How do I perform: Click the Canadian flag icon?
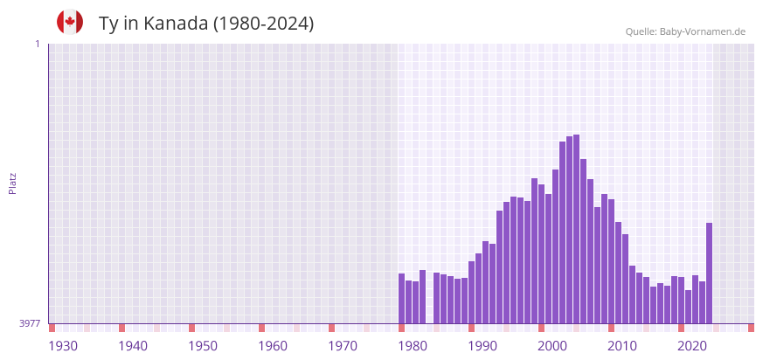(x=70, y=22)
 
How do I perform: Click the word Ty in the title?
(x=108, y=24)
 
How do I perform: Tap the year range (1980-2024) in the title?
(x=264, y=24)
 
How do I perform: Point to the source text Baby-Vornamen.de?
(x=703, y=32)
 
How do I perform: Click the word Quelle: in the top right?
(x=641, y=32)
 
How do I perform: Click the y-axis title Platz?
(x=12, y=183)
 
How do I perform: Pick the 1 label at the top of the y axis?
(x=38, y=45)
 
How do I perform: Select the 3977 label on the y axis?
(x=30, y=323)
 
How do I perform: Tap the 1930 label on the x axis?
(x=63, y=346)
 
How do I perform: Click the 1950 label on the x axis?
(x=203, y=346)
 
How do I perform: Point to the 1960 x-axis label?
(x=273, y=346)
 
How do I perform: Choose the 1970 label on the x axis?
(x=343, y=346)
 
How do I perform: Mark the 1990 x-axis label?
(x=482, y=346)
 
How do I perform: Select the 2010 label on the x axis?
(x=622, y=346)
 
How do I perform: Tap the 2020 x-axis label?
(x=692, y=346)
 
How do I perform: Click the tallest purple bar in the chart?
(x=576, y=229)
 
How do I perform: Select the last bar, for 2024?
(x=709, y=273)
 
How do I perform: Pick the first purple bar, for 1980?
(x=401, y=299)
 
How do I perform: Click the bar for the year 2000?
(x=541, y=254)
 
